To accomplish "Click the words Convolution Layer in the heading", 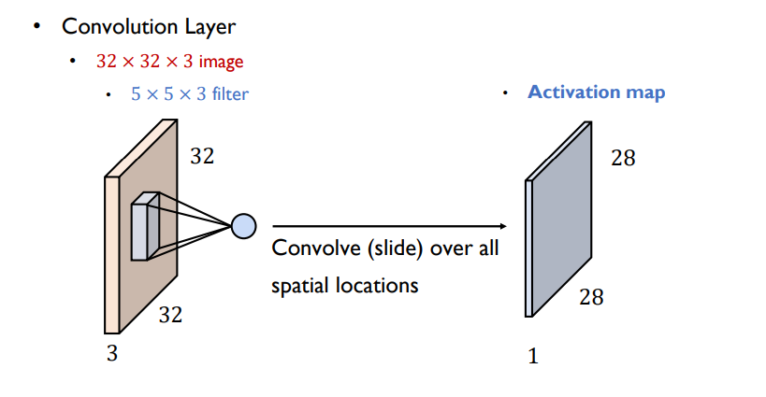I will pos(148,26).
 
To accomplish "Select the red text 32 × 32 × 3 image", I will pos(169,62).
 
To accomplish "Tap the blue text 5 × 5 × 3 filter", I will pos(190,93).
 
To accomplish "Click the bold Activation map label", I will pos(596,92).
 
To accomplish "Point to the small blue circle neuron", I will pos(243,225).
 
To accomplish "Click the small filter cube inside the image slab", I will pos(145,226).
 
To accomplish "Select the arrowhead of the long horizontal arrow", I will pos(501,226).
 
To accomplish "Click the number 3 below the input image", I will pos(111,353).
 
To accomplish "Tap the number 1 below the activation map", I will pos(533,355).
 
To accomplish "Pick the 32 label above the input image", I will pos(202,156).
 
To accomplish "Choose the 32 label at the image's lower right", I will pos(170,315).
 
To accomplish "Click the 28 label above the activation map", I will pos(623,158).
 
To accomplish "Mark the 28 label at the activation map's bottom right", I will pos(591,297).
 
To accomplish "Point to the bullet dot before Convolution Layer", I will pos(38,25).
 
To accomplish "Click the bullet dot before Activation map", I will pos(506,92).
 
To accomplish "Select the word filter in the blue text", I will pos(230,93).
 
